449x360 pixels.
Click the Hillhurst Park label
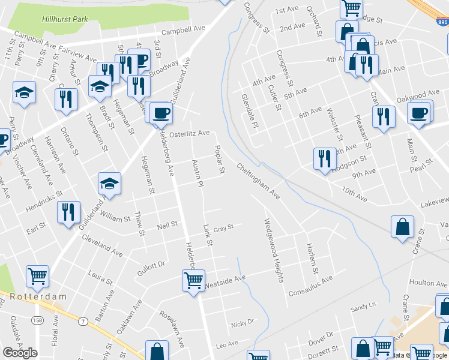[65, 19]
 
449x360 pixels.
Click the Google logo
[20, 352]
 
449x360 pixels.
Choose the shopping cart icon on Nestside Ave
[193, 280]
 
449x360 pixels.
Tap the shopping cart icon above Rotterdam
[37, 276]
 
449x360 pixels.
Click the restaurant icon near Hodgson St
[324, 158]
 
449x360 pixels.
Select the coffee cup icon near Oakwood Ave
[418, 112]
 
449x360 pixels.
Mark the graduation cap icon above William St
[109, 182]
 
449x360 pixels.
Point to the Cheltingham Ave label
[258, 181]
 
